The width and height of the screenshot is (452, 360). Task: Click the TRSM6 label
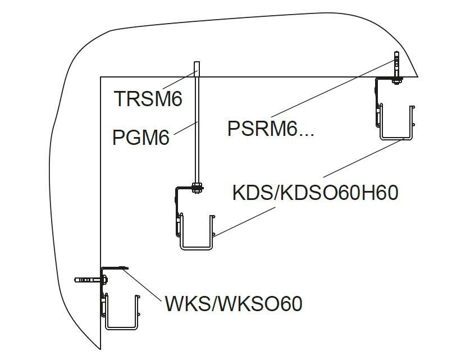pos(148,99)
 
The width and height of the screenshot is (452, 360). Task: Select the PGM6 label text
pos(140,138)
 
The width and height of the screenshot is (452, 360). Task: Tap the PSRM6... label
pos(270,129)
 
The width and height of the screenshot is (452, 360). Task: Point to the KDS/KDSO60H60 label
pos(315,193)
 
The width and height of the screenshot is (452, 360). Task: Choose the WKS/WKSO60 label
pos(234,304)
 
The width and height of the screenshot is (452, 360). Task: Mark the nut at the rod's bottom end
pos(197,188)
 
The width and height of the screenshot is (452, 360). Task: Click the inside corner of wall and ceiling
pos(101,77)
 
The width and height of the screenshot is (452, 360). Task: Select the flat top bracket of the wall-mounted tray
pos(115,268)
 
